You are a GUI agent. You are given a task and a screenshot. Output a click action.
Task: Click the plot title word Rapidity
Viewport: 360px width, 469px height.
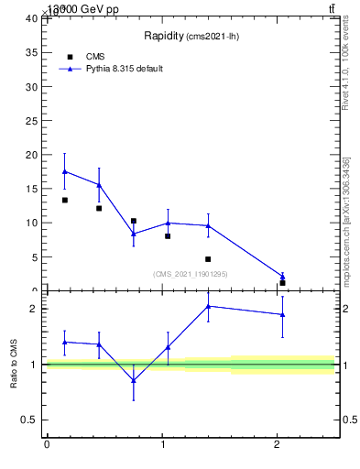pyautogui.click(x=164, y=37)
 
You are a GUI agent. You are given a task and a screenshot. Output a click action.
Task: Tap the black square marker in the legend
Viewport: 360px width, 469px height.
pyautogui.click(x=71, y=57)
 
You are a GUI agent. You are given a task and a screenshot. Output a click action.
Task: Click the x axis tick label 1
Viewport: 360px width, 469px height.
pyautogui.click(x=162, y=446)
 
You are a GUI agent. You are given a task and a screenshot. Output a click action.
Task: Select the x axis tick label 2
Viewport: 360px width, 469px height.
pyautogui.click(x=278, y=446)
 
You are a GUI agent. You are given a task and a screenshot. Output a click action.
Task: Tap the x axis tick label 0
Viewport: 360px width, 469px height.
pyautogui.click(x=47, y=446)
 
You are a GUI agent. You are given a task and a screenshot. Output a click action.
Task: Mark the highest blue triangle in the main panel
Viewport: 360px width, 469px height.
pyautogui.click(x=65, y=171)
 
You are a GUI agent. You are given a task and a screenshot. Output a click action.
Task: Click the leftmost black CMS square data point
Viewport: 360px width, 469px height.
pyautogui.click(x=65, y=200)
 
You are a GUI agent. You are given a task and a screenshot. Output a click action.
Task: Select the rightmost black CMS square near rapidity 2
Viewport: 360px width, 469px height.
pyautogui.click(x=282, y=283)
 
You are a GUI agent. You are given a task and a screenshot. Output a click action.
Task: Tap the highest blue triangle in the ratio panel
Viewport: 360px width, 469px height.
pyautogui.click(x=208, y=306)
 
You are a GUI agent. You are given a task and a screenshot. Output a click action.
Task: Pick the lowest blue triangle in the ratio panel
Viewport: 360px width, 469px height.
pyautogui.click(x=134, y=380)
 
